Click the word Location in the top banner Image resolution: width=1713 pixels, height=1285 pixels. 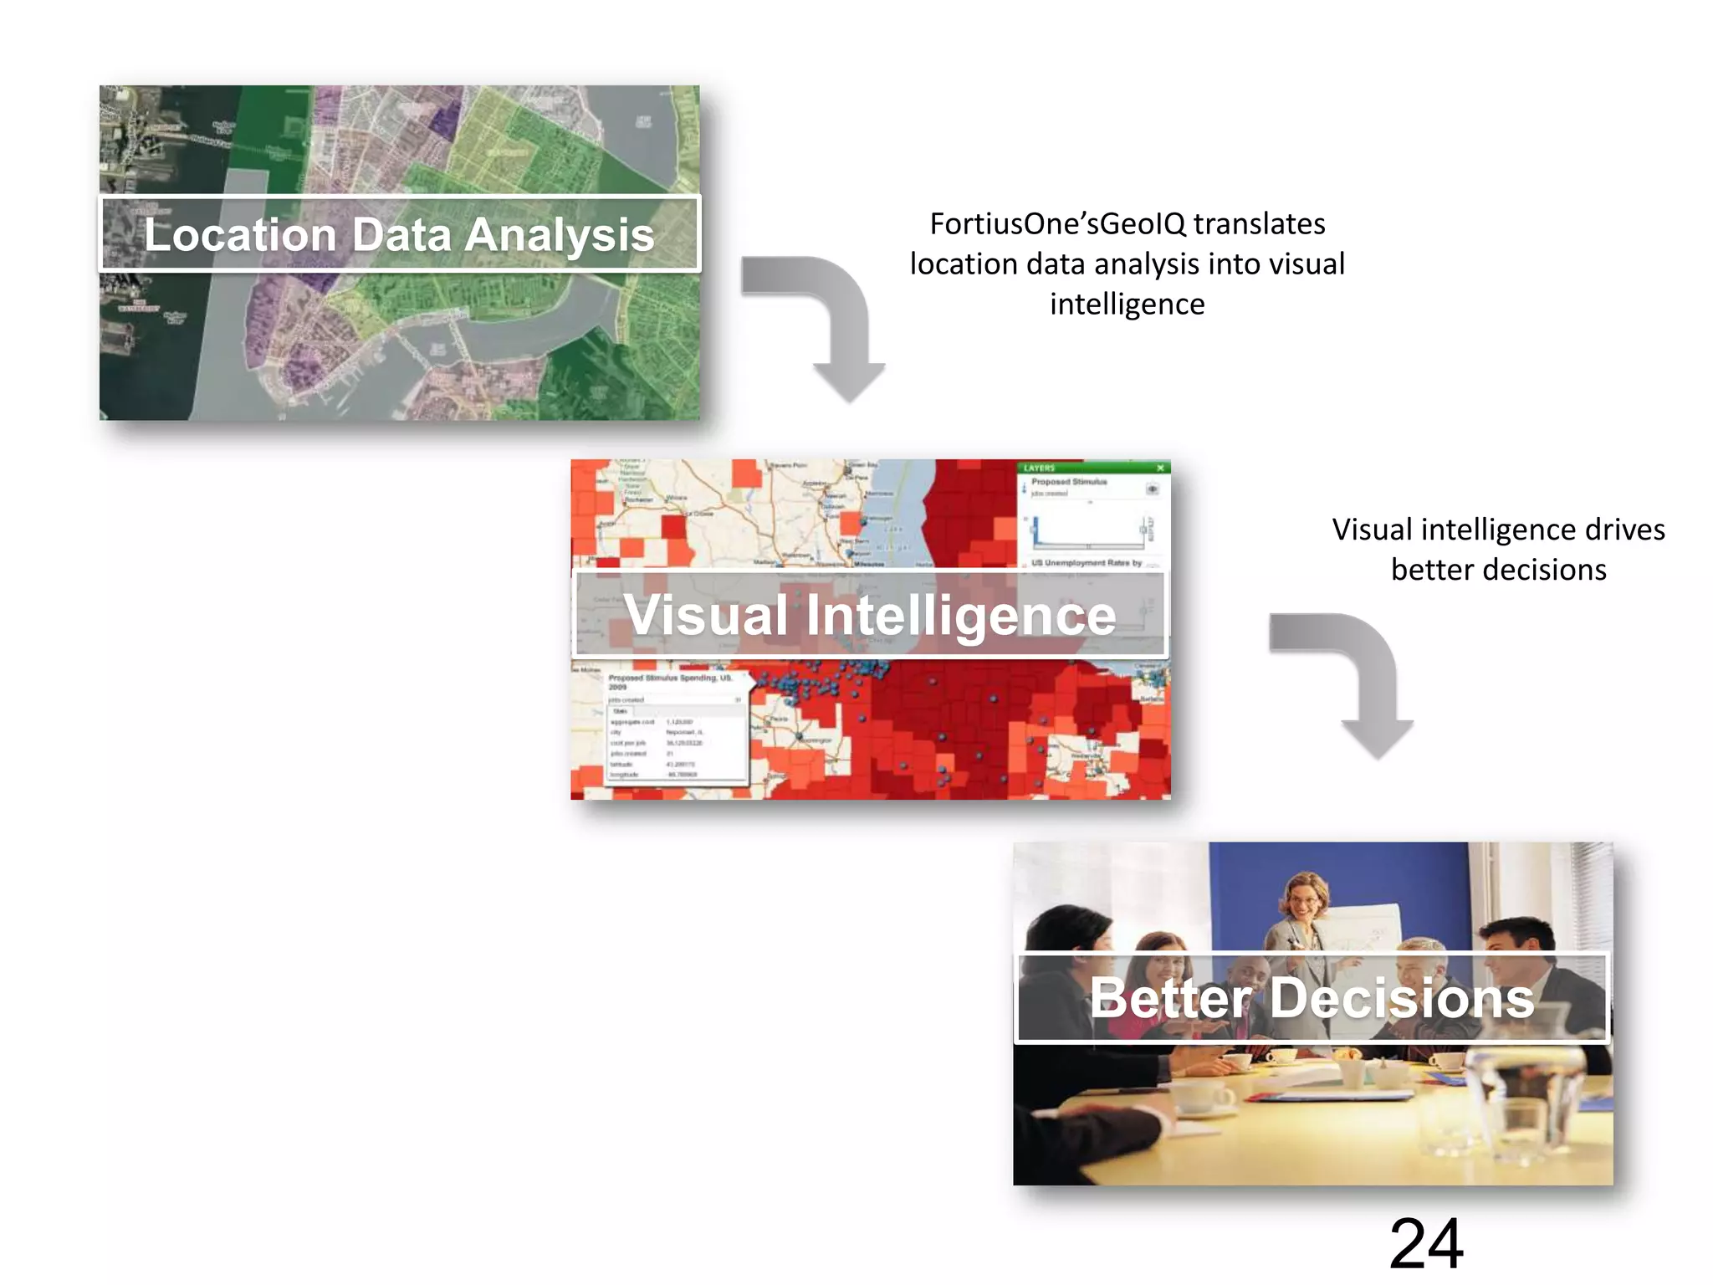pos(240,234)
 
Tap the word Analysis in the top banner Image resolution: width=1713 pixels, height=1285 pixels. pos(560,236)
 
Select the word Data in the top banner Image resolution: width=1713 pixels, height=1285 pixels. pos(401,234)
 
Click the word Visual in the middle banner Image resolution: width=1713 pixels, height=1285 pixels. pos(707,615)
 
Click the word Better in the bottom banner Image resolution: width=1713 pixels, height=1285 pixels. pos(1171,997)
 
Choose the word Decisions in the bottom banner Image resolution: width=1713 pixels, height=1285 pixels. pos(1403,997)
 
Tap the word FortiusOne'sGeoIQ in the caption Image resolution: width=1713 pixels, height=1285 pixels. pos(1057,224)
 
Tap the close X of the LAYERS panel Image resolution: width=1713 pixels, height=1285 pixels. pos(1160,468)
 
